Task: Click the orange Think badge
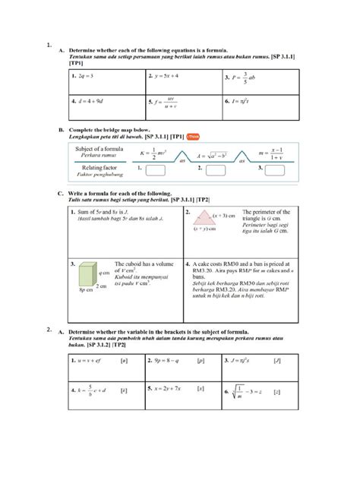coord(195,137)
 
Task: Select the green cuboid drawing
coord(81,275)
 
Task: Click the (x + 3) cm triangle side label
coord(226,210)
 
